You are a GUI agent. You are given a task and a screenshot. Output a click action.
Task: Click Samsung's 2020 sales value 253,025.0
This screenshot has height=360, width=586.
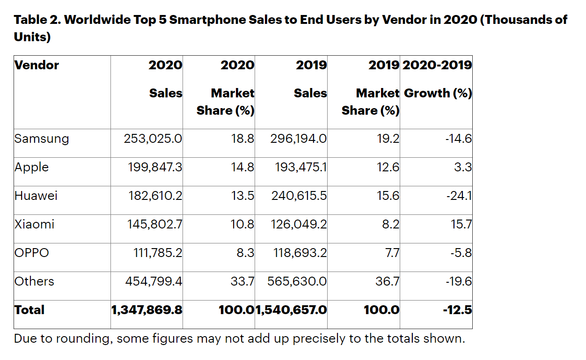pos(153,139)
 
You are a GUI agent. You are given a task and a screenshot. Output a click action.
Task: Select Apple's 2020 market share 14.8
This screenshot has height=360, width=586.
pos(242,167)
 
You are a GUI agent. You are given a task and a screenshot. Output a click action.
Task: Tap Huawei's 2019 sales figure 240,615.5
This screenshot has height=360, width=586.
pos(299,196)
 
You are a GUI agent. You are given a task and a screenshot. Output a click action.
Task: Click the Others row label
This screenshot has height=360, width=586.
pos(34,281)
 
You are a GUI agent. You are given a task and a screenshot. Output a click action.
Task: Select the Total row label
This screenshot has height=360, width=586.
pos(29,310)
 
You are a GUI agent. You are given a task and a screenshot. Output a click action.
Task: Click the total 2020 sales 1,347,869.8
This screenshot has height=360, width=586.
pos(146,310)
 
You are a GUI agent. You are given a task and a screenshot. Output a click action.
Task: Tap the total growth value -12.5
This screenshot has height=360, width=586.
pos(457,310)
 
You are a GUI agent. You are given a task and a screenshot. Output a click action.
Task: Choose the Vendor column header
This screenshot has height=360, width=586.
pos(37,65)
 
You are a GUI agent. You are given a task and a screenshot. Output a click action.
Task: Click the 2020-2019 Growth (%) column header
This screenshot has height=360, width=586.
pos(437,79)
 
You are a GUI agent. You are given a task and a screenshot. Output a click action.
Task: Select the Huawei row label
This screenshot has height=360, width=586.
pos(36,196)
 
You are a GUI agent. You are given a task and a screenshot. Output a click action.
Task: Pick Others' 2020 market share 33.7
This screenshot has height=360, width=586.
pos(242,281)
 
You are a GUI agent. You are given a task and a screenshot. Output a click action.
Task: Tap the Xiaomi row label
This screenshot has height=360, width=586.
pos(34,224)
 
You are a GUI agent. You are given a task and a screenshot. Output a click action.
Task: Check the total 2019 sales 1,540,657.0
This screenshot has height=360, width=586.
pos(291,310)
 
